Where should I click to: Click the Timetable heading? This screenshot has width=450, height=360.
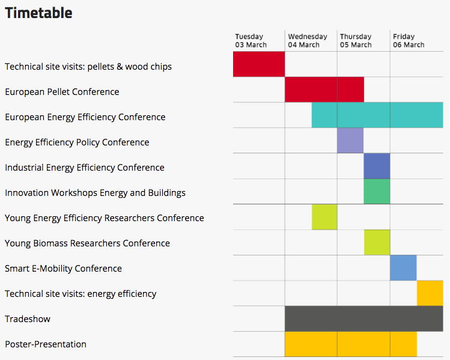38,13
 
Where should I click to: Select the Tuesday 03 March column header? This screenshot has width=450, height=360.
251,41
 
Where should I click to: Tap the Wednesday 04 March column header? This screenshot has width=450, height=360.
308,41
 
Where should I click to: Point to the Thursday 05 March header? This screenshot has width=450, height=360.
356,41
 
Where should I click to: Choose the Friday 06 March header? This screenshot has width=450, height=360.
409,41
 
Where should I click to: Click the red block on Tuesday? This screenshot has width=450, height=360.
259,64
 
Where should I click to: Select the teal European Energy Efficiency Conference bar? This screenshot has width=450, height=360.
377,115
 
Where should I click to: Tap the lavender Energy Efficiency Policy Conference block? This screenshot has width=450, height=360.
350,141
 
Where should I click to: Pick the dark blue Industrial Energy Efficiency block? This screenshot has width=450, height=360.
377,166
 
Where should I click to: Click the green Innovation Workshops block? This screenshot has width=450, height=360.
377,192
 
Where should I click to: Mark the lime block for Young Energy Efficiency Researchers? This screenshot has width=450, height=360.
324,217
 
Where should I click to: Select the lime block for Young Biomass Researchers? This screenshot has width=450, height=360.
377,242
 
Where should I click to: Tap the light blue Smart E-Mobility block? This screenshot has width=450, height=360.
403,268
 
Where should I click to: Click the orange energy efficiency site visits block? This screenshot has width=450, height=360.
430,293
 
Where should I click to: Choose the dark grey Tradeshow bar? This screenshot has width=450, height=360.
364,319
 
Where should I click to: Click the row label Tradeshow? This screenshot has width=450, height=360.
28,319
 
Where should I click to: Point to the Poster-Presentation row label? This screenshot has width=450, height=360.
46,344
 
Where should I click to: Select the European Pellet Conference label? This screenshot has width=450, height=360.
62,92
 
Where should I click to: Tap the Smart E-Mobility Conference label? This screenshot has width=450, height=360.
64,269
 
